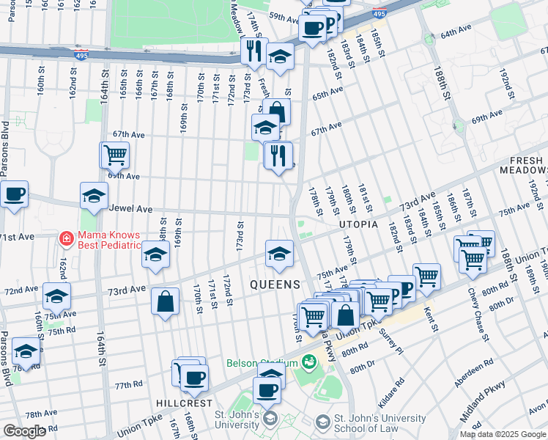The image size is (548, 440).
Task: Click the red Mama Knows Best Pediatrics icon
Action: tap(66, 238)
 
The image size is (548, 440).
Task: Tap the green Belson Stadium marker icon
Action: tap(309, 362)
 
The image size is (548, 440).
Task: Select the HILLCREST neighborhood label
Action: tap(184, 403)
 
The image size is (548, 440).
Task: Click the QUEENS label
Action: tap(275, 284)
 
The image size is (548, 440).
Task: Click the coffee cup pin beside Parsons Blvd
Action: tap(14, 195)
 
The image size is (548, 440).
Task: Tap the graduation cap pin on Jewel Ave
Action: tap(94, 196)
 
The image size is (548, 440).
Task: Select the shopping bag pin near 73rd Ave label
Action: tap(166, 301)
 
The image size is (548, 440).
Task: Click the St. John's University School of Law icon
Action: tap(322, 422)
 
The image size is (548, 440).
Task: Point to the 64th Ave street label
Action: tap(457, 34)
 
